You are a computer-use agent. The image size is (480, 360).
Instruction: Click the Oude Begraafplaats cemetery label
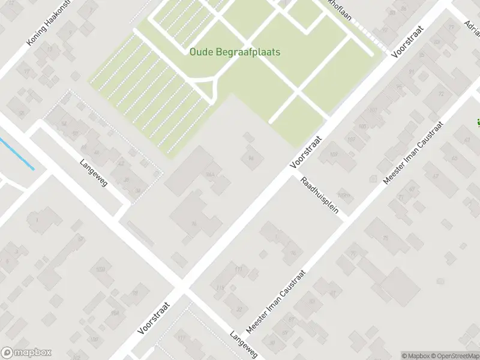pyautogui.click(x=235, y=52)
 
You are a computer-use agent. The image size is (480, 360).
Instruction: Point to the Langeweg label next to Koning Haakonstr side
pyautogui.click(x=93, y=172)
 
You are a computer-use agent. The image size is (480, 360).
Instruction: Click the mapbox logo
pyautogui.click(x=26, y=353)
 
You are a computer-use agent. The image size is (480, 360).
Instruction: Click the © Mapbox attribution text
pyautogui.click(x=414, y=355)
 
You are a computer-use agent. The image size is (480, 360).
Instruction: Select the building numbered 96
pyautogui.click(x=193, y=224)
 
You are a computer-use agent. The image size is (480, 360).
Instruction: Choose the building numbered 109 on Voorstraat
pyautogui.click(x=334, y=155)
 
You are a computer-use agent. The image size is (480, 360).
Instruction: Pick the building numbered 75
pyautogui.click(x=385, y=238)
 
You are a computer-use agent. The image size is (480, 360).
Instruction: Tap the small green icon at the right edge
pyautogui.click(x=478, y=124)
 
